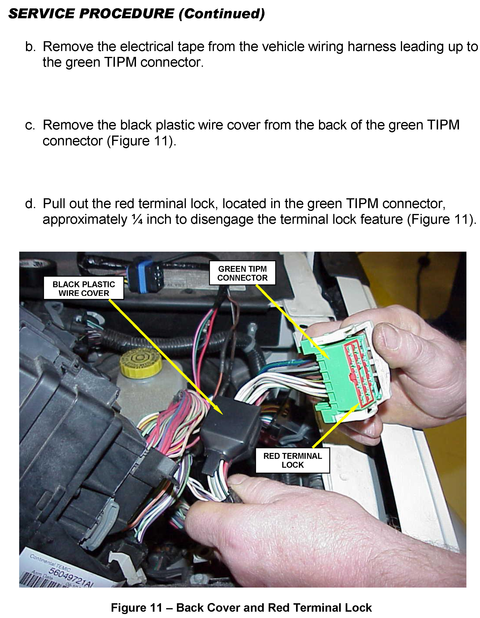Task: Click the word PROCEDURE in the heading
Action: [x=126, y=14]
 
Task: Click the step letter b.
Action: [x=30, y=46]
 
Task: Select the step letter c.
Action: [x=30, y=125]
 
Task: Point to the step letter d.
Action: [x=30, y=203]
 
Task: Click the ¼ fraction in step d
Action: [x=137, y=220]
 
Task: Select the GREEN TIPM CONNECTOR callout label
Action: [x=242, y=273]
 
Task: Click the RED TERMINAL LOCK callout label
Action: [x=293, y=460]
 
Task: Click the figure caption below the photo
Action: [x=241, y=608]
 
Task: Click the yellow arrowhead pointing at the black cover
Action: [x=218, y=410]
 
